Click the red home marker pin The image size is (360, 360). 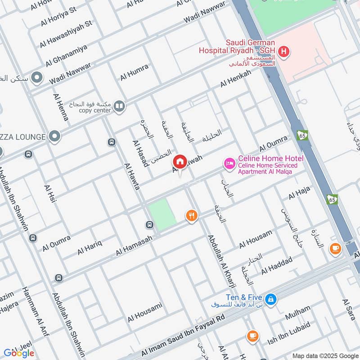click(x=180, y=162)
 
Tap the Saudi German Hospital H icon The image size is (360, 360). click(x=283, y=52)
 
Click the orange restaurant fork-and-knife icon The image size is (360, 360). click(x=192, y=216)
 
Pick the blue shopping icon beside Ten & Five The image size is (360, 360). click(x=270, y=298)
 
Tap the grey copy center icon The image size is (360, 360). click(x=119, y=106)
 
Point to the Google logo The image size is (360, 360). click(x=19, y=353)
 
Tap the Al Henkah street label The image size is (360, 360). click(x=235, y=80)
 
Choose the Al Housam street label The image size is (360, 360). click(x=256, y=239)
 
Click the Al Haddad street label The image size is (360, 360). click(x=277, y=265)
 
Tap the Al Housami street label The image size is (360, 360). click(x=144, y=312)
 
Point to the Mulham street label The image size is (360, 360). click(x=297, y=313)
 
